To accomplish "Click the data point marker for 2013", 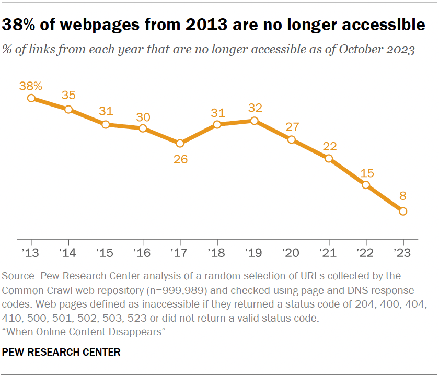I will [31, 98].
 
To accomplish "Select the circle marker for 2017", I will [180, 143].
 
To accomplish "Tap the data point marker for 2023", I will [403, 211].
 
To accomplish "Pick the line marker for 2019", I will [254, 121].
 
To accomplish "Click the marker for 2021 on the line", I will [329, 158].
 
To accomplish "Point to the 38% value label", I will [31, 85].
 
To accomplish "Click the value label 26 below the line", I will [180, 159].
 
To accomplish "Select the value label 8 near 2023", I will [403, 196].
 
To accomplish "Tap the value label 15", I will [366, 172].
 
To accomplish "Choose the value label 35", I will [68, 95].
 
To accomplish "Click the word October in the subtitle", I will [350, 51].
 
